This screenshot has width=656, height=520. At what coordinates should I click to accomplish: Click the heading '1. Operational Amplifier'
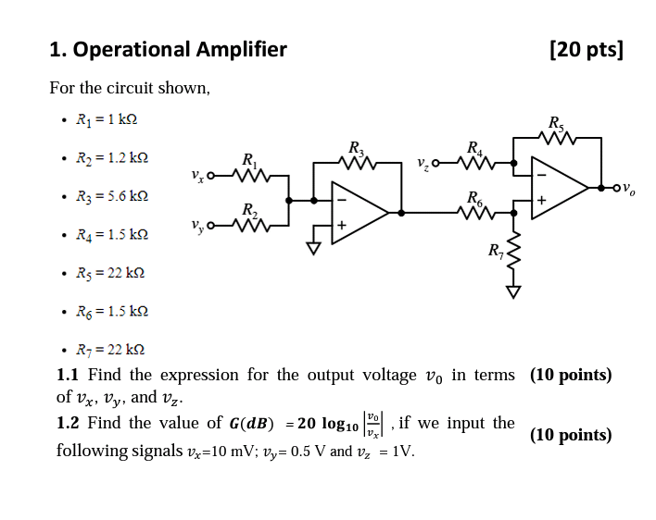[x=168, y=49]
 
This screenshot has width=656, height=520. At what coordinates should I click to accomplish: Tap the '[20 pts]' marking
[x=586, y=49]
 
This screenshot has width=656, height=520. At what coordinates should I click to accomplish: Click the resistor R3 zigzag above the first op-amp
[x=357, y=163]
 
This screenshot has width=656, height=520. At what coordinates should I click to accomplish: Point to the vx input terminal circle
[x=210, y=175]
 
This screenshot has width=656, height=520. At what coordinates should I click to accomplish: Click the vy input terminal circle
[x=210, y=225]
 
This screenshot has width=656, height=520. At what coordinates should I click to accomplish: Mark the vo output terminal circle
[x=616, y=189]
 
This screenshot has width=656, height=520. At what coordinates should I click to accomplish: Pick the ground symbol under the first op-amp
[x=314, y=247]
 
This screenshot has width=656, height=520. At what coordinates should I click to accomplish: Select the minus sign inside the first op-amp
[x=341, y=199]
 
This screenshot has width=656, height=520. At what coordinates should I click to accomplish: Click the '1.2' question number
[x=68, y=423]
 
